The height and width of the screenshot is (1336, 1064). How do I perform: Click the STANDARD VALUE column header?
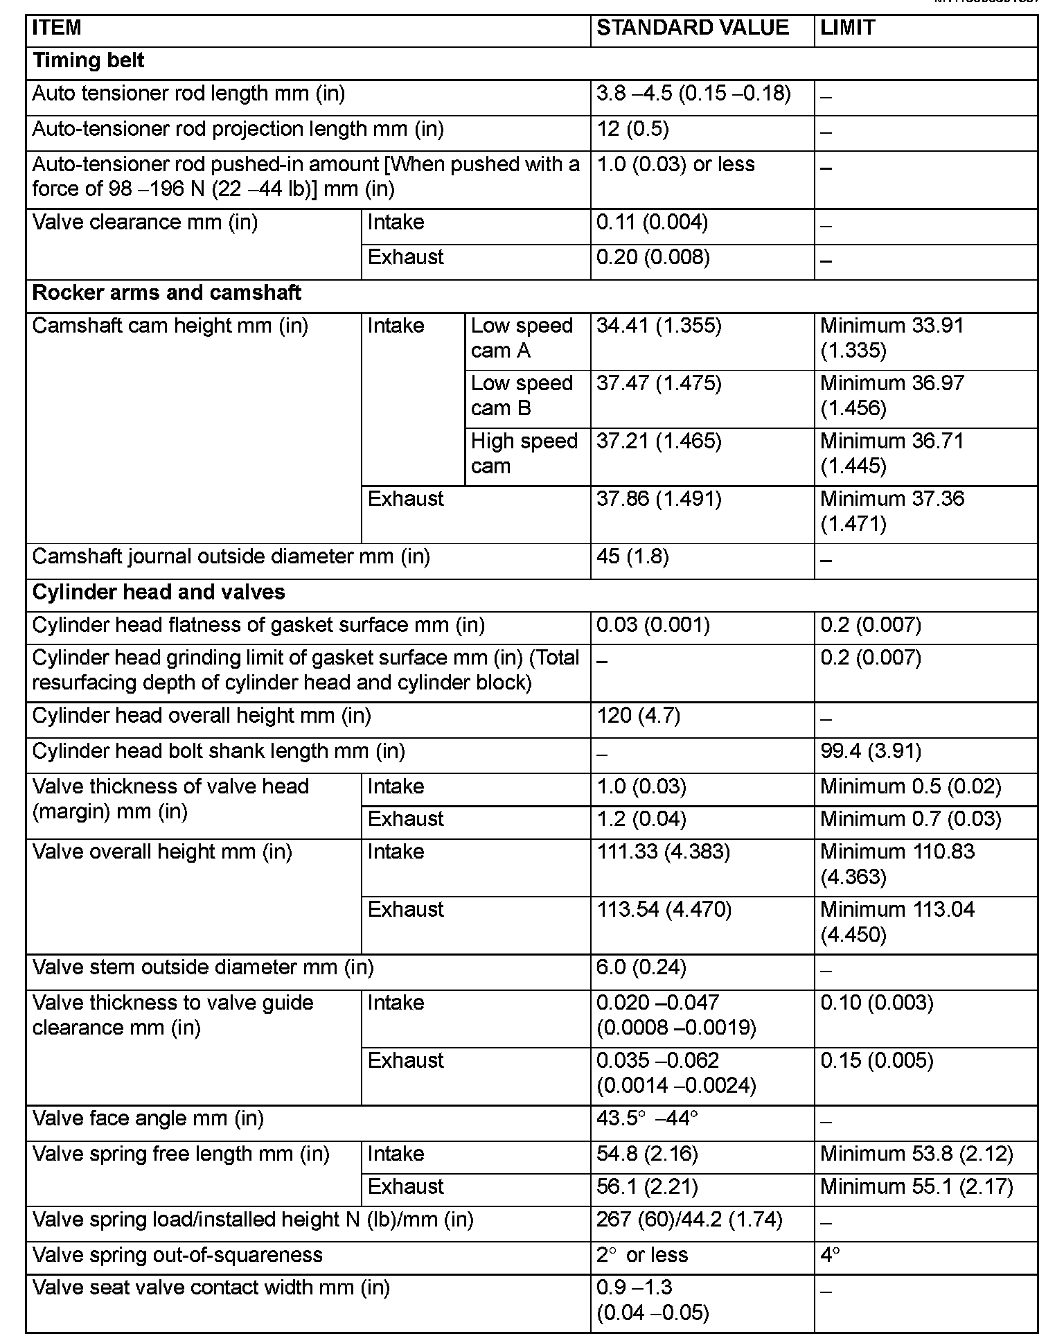(x=692, y=28)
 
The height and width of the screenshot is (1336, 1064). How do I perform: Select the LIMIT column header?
(x=847, y=28)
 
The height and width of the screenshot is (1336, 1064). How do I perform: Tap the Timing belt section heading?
(x=89, y=61)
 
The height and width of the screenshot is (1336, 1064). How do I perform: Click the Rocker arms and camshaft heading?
(x=166, y=293)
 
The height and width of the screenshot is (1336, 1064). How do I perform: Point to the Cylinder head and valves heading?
(x=159, y=592)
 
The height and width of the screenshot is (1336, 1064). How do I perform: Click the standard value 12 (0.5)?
(x=632, y=130)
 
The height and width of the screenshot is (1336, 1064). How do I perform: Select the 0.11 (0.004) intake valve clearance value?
(x=652, y=222)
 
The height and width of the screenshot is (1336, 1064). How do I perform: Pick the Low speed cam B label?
(x=522, y=396)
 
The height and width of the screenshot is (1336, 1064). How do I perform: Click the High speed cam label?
(x=524, y=453)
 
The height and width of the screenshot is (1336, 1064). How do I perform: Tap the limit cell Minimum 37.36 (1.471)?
(x=892, y=511)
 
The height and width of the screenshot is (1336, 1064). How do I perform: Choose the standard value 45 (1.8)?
(x=632, y=557)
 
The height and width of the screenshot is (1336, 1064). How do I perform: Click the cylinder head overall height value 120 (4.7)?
(x=638, y=716)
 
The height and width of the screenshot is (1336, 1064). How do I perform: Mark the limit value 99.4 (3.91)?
(x=871, y=751)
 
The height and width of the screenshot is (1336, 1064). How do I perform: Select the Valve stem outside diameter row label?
(x=203, y=967)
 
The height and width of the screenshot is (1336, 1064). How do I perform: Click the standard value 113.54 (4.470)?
(x=664, y=909)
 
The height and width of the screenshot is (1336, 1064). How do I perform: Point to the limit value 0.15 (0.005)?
(x=876, y=1060)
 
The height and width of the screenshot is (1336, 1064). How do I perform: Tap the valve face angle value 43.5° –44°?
(x=646, y=1118)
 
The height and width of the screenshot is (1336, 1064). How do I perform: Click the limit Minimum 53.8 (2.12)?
(x=916, y=1154)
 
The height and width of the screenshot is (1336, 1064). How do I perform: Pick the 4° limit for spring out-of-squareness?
(x=830, y=1255)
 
